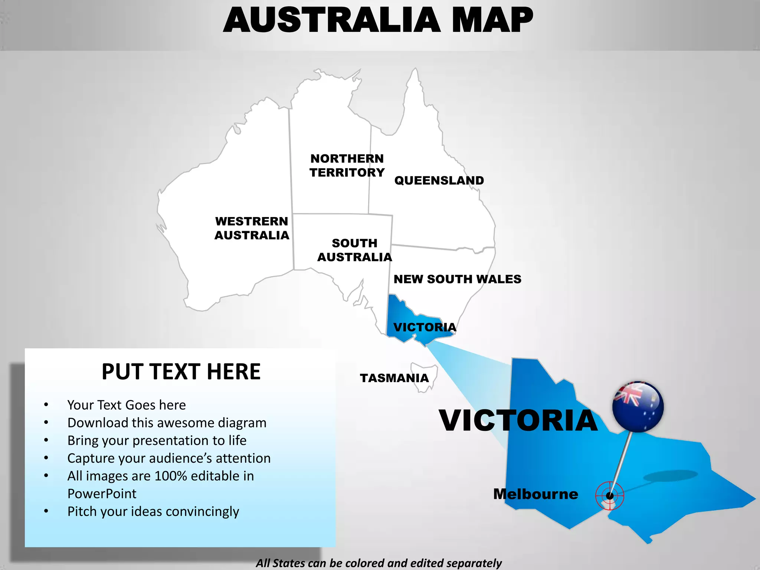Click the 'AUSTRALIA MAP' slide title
pos(378,20)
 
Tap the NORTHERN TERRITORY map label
pos(347,166)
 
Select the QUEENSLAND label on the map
pos(439,181)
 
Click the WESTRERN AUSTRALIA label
pos(252,228)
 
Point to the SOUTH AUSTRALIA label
pos(354,250)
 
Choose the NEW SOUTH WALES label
pos(457,279)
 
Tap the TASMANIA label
pos(394,378)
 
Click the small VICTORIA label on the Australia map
pos(425,327)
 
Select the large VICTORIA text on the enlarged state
pos(518,421)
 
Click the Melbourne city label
pos(535,494)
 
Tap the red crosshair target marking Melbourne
pos(610,495)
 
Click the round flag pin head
pos(638,406)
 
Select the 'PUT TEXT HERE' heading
pos(181,372)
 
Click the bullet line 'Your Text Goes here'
pos(127,405)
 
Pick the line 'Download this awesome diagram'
pos(167,423)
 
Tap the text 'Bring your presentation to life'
pos(157,440)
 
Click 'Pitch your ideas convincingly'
pos(153,511)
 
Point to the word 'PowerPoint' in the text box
pos(102,494)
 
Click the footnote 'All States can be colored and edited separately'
pos(379,563)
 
